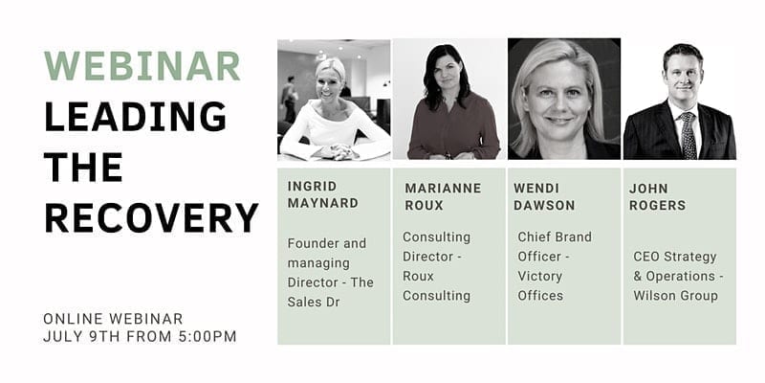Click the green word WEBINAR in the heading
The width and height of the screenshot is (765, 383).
(142, 65)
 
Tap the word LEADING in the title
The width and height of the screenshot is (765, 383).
(135, 117)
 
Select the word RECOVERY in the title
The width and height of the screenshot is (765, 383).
(151, 218)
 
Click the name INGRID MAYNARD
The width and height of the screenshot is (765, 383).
(323, 194)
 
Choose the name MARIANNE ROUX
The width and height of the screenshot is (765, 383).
(443, 196)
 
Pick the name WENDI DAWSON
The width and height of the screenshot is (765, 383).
(544, 196)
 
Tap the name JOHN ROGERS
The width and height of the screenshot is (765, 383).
(657, 197)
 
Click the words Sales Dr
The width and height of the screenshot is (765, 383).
(314, 302)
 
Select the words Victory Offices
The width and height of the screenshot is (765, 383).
(540, 285)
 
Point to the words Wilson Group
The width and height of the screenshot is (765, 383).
(676, 296)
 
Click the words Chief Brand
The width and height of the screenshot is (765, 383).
(555, 237)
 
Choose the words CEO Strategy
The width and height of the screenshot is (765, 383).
(675, 257)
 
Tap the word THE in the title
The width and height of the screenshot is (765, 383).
(83, 167)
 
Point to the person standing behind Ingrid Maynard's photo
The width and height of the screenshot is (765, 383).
(290, 99)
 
